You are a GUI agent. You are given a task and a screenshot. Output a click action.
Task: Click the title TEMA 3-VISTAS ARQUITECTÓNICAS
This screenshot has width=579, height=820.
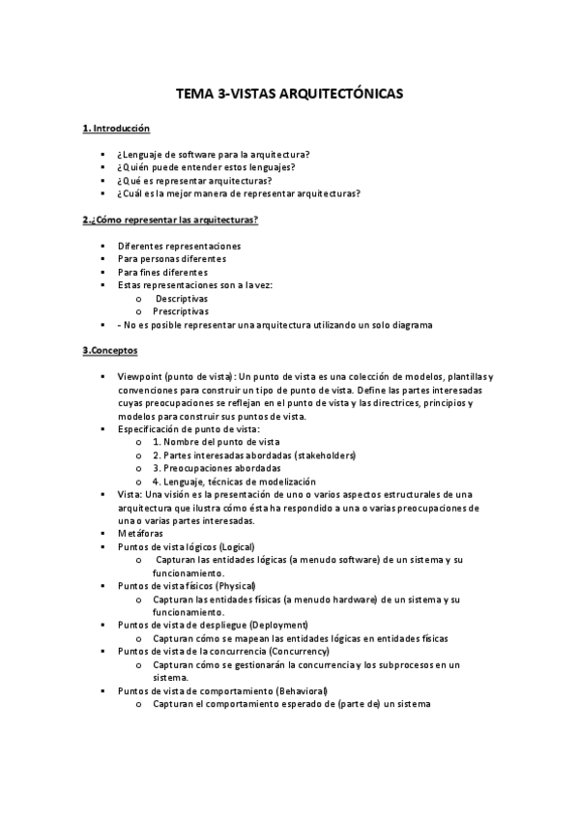coord(289,95)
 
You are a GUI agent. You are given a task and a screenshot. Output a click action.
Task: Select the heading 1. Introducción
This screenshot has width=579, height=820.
coord(116,129)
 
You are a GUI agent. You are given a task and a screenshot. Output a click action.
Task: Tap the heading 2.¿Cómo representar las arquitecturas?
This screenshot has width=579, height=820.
coord(169,220)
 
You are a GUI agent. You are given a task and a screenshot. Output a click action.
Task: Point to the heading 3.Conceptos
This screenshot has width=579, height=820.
coord(110,349)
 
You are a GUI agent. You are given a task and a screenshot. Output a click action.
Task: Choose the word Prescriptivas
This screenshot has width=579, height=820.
coord(181,311)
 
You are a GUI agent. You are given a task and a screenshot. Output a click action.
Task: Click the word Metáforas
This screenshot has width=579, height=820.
coord(140,533)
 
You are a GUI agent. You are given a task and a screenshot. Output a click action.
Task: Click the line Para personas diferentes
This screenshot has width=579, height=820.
coord(171,259)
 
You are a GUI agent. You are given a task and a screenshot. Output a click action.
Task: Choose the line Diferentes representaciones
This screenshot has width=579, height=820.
coord(179,246)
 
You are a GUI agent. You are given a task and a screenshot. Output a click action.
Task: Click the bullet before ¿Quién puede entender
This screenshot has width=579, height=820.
coord(101,167)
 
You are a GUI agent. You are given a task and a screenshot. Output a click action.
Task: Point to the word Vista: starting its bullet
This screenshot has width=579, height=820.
coord(129,494)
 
